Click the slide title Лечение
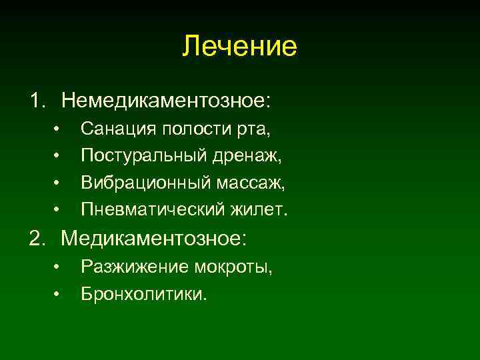pyautogui.click(x=240, y=47)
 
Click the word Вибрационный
pyautogui.click(x=136, y=183)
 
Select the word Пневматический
pyautogui.click(x=142, y=210)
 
